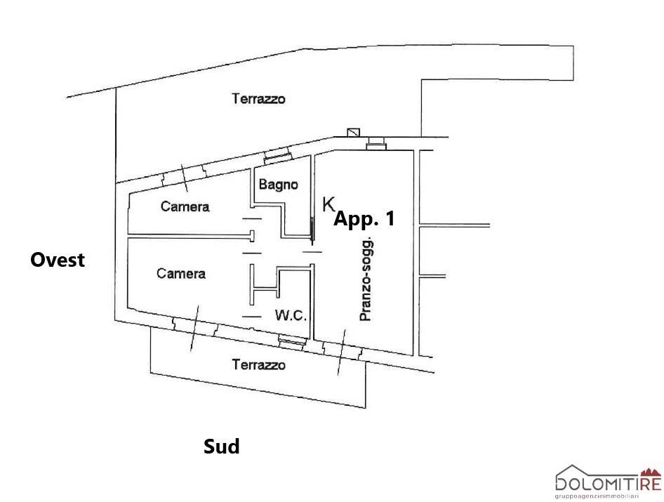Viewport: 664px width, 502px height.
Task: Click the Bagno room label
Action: pos(279,185)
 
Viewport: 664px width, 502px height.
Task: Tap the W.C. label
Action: pos(291,316)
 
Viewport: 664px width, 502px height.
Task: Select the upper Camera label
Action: pos(185,206)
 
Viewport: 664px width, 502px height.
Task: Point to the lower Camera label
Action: pos(181,273)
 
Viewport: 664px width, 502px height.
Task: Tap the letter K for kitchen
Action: pos(328,204)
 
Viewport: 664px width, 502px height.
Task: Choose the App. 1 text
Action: pos(364,218)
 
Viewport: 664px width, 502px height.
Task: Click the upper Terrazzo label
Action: pos(258,99)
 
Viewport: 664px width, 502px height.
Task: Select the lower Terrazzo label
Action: pos(259,365)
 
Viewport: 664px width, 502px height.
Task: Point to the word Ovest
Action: pos(58,260)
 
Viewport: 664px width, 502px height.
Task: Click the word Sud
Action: pos(221,446)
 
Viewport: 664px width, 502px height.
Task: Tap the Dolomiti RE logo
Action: pos(608,482)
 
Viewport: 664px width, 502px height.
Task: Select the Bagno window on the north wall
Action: pos(277,154)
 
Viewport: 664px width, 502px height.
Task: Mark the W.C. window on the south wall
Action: pos(290,341)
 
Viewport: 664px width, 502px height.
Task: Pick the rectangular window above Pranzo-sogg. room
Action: pos(377,143)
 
